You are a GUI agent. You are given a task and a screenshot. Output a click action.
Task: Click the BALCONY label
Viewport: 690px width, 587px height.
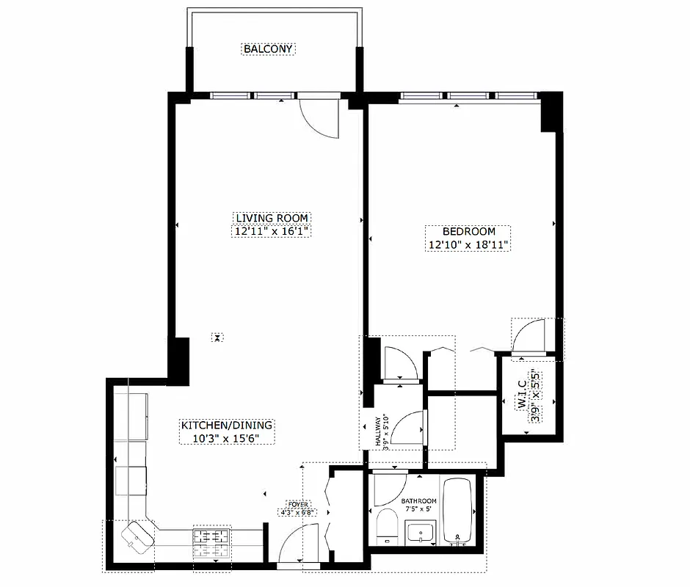269,49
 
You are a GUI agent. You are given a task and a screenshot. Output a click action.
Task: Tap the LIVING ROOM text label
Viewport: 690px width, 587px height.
272,218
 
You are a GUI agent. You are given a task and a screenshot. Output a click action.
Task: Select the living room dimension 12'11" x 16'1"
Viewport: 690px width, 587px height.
272,231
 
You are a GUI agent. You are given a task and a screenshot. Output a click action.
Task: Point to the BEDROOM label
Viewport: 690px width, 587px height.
468,231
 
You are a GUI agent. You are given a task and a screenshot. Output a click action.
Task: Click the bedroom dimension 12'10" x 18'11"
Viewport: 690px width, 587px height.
468,244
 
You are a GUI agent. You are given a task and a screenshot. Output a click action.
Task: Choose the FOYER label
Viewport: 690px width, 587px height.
297,505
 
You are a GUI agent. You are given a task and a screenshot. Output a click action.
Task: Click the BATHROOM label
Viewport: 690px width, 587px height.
418,501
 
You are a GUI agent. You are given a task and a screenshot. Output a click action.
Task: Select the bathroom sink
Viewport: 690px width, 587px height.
420,531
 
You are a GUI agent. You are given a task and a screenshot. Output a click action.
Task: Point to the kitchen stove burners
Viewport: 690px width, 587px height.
211,542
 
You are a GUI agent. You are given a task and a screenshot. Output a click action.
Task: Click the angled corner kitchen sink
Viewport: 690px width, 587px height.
137,536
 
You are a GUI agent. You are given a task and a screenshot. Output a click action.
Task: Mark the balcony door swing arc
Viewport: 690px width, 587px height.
322,119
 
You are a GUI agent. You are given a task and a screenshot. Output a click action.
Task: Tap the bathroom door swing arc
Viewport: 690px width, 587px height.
389,490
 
